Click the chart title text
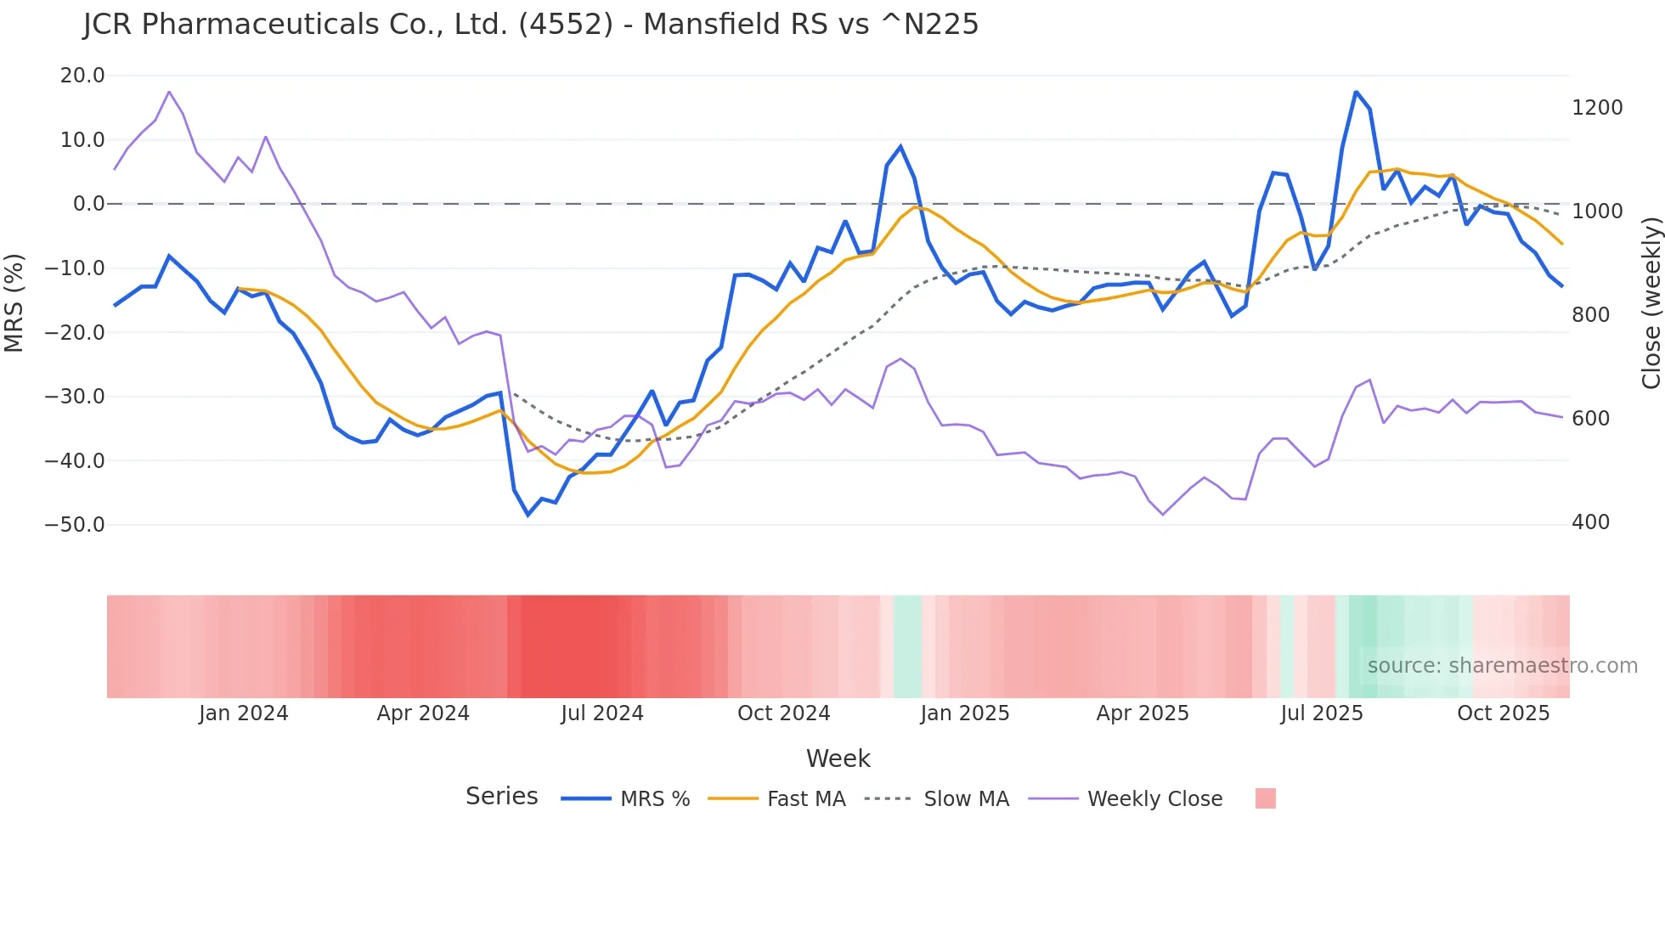pyautogui.click(x=531, y=24)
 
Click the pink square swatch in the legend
pyautogui.click(x=1265, y=798)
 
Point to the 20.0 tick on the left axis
pyautogui.click(x=82, y=76)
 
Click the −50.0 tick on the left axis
pyautogui.click(x=75, y=525)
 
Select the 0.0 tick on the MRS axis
pyautogui.click(x=88, y=204)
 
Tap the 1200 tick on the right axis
pyautogui.click(x=1597, y=108)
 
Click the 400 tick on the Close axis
pyautogui.click(x=1590, y=522)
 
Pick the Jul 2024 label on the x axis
pyautogui.click(x=601, y=713)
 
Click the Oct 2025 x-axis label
pyautogui.click(x=1503, y=713)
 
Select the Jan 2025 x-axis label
pyautogui.click(x=964, y=713)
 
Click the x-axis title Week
pyautogui.click(x=838, y=758)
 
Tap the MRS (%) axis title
pyautogui.click(x=14, y=302)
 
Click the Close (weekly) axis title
pyautogui.click(x=1651, y=302)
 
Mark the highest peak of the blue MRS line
pyautogui.click(x=1356, y=92)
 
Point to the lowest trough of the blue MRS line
pyautogui.click(x=528, y=515)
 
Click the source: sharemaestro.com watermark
pyautogui.click(x=1502, y=666)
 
